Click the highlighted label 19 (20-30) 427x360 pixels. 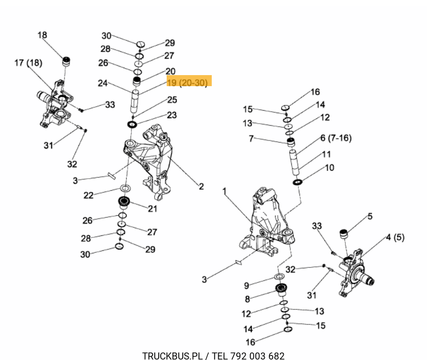(187, 82)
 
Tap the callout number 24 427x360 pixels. (103, 84)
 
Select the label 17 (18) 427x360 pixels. (28, 63)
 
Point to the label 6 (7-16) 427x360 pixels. (336, 137)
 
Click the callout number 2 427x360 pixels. (201, 187)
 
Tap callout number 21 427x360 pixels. (152, 208)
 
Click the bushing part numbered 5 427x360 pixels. (344, 234)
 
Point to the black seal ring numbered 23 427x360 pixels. (133, 124)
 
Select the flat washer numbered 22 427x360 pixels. (125, 189)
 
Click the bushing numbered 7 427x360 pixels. (290, 143)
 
